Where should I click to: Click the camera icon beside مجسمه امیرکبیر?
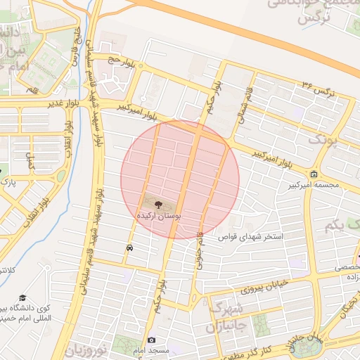pos(313,174)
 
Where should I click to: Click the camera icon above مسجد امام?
pos(151,340)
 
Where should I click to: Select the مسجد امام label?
pos(165,350)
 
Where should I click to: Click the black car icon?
pos(129,248)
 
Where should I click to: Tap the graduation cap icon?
pos(22,298)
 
